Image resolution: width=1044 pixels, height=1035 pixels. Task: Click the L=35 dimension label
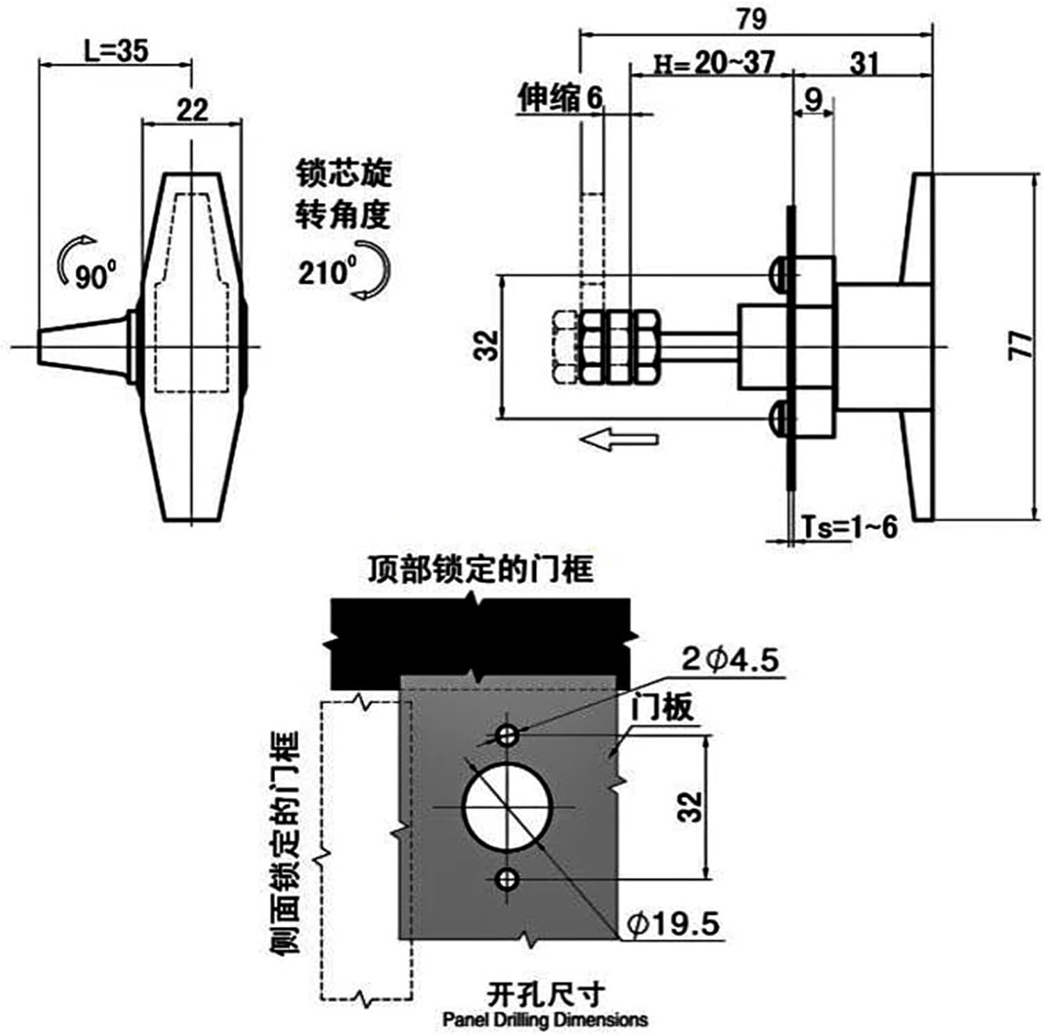coord(116,50)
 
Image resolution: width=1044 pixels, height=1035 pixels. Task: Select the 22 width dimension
coord(192,110)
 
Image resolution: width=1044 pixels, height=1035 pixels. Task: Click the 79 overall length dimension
coord(752,19)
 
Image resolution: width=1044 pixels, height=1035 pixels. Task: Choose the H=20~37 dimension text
coord(714,64)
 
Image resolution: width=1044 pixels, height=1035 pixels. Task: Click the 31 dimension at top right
coord(864,64)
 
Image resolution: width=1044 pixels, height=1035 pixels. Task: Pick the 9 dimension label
coord(813,99)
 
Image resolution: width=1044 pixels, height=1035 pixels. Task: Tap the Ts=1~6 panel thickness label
coord(849,528)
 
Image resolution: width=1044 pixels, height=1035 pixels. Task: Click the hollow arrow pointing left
coord(619,439)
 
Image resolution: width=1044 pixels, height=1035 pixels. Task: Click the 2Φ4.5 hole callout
coord(730,659)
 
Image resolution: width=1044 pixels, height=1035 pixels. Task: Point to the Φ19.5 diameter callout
coord(673,924)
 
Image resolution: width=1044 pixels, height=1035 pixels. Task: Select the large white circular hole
coord(507,807)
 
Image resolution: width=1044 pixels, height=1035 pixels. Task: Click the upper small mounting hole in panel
coord(507,735)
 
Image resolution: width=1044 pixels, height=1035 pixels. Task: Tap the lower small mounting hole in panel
coord(507,880)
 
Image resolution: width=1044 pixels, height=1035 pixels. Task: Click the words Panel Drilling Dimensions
coord(545,1020)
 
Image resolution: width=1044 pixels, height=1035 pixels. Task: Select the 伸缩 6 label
coord(560,98)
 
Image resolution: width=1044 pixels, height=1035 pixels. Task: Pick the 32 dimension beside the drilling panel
coord(690,807)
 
